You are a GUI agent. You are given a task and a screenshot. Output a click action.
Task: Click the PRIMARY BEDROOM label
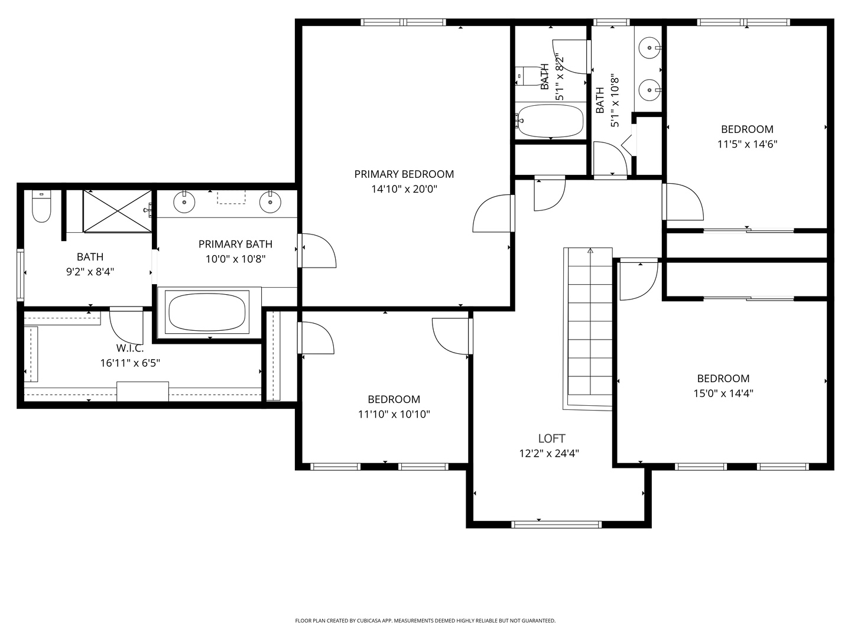(404, 174)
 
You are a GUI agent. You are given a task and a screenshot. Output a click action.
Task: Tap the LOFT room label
(551, 438)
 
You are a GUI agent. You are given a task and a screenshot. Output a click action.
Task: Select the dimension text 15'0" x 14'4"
(723, 393)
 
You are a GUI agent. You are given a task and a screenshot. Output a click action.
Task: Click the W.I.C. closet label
(130, 348)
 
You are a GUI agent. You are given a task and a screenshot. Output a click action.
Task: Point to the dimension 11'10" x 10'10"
(394, 414)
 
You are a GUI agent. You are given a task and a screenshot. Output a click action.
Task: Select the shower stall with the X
(117, 211)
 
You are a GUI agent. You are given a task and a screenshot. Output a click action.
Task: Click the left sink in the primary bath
(184, 202)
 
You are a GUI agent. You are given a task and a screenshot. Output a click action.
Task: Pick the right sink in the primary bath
(270, 202)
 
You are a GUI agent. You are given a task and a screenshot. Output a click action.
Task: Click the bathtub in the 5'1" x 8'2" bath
(550, 121)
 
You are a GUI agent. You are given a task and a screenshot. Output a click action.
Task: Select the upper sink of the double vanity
(650, 46)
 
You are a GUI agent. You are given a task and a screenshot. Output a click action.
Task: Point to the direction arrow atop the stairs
(590, 251)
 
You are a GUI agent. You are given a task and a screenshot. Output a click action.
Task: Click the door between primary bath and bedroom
(316, 251)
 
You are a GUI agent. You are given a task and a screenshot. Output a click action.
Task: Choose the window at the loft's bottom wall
(556, 524)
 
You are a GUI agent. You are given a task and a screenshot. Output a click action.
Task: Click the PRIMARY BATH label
(235, 244)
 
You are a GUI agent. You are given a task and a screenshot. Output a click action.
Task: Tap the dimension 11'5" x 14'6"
(747, 144)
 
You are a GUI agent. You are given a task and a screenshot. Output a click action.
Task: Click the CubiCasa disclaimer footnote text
(425, 621)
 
